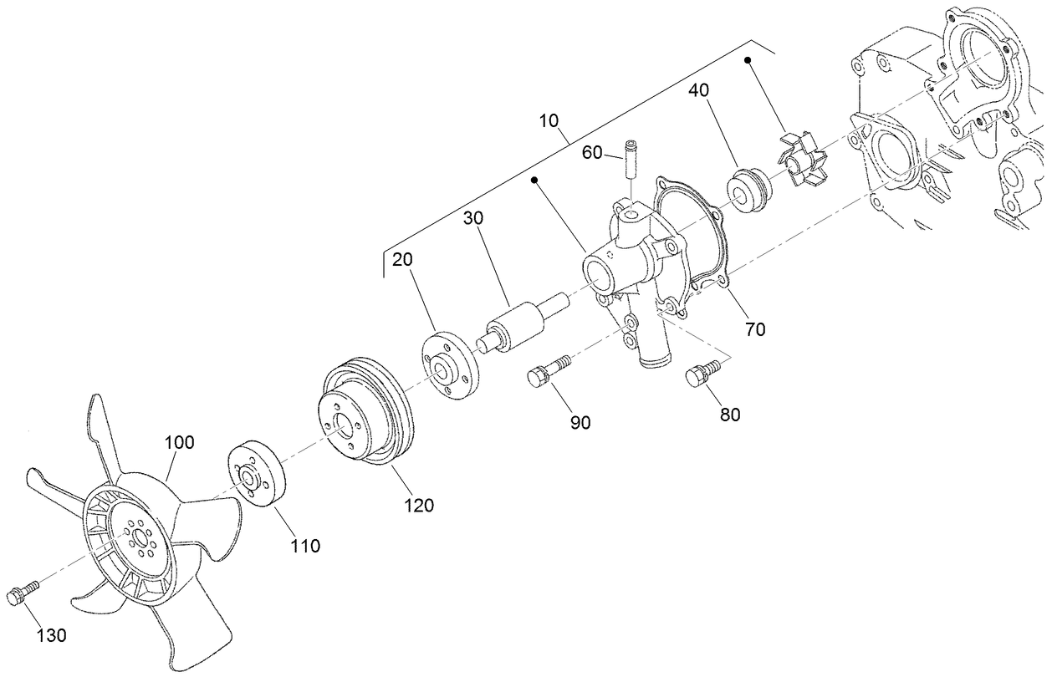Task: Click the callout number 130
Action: (x=52, y=635)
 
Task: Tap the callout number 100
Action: (x=178, y=442)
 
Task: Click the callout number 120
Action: (x=419, y=505)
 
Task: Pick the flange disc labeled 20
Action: (x=448, y=366)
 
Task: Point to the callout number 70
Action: (x=755, y=329)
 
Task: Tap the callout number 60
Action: (x=592, y=152)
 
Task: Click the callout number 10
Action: (x=549, y=120)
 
